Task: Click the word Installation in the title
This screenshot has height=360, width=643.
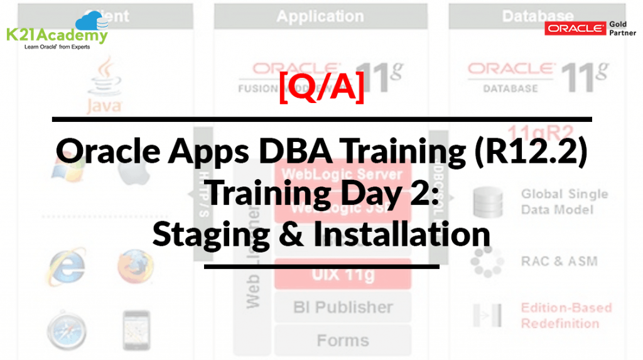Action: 401,234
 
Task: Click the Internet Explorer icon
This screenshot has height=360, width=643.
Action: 67,266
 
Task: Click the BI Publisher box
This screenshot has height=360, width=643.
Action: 342,307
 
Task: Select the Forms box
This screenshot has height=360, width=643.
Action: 342,341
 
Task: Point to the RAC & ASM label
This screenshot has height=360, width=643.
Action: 559,261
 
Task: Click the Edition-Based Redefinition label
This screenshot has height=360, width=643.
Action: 565,315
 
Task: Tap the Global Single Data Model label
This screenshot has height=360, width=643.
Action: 564,201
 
